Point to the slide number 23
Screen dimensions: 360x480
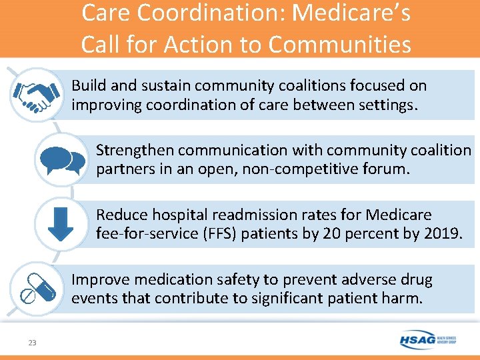pyautogui.click(x=32, y=343)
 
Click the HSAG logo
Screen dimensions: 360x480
pyautogui.click(x=427, y=340)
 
